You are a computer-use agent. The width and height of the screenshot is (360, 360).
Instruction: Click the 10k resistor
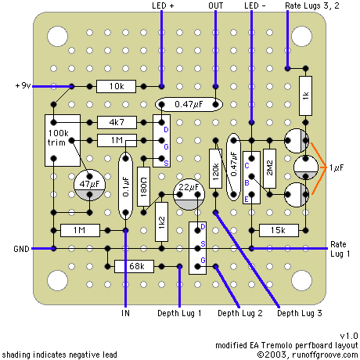[x=116, y=86]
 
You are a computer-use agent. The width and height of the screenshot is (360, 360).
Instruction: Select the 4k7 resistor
[x=117, y=122]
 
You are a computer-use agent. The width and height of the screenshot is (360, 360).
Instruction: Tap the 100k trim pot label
[x=58, y=138]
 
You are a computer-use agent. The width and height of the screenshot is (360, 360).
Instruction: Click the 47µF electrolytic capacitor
[x=89, y=185]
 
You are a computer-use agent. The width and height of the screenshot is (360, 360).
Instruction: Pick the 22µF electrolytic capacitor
[x=189, y=194]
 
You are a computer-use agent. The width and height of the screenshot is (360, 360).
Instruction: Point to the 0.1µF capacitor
[x=125, y=185]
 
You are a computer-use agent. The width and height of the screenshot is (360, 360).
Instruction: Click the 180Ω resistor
[x=144, y=186]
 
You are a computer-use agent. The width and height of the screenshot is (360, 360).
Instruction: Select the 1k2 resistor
[x=161, y=222]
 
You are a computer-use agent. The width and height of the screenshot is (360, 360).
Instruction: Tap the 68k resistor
[x=134, y=266]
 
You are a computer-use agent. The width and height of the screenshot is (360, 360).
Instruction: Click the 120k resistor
[x=216, y=168]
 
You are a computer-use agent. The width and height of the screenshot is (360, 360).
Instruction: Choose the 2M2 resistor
[x=270, y=168]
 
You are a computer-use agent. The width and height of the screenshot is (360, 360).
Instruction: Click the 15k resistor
[x=279, y=230]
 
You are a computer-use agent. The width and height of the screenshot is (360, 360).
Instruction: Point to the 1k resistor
[x=305, y=95]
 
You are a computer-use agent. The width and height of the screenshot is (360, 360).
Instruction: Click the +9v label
[x=23, y=85]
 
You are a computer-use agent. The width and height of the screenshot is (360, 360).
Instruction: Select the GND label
[x=21, y=249]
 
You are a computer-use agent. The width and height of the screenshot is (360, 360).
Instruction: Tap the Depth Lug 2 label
[x=240, y=313]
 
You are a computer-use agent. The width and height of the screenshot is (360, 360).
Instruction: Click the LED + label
[x=163, y=5]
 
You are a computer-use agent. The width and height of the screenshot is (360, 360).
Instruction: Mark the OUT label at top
[x=216, y=5]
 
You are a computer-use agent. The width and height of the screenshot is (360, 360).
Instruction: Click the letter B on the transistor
[x=247, y=183]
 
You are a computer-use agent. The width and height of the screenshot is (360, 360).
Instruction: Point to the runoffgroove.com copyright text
[x=308, y=355]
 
